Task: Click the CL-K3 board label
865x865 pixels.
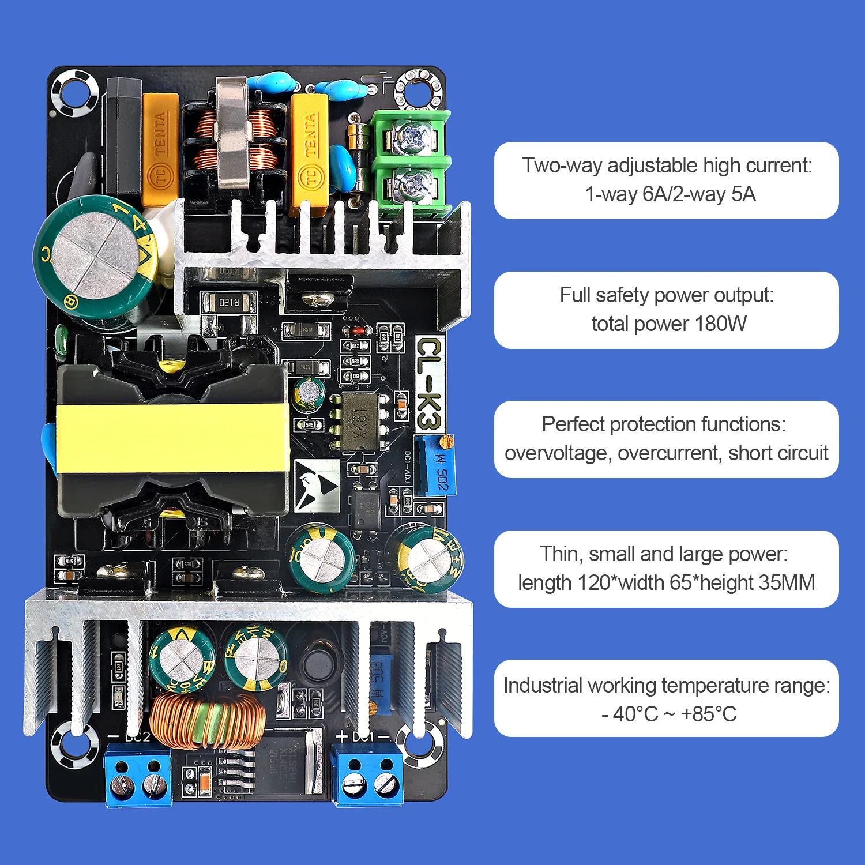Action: (x=429, y=383)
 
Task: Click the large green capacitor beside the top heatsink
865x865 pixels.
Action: (x=95, y=258)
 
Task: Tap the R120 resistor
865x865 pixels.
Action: (x=228, y=302)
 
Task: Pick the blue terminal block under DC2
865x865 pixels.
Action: (x=138, y=774)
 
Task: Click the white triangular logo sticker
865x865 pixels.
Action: (x=317, y=485)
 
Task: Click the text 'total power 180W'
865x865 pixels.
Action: (x=669, y=324)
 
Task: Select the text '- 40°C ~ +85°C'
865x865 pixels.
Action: (x=669, y=714)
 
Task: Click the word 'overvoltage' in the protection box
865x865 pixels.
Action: (x=556, y=453)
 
